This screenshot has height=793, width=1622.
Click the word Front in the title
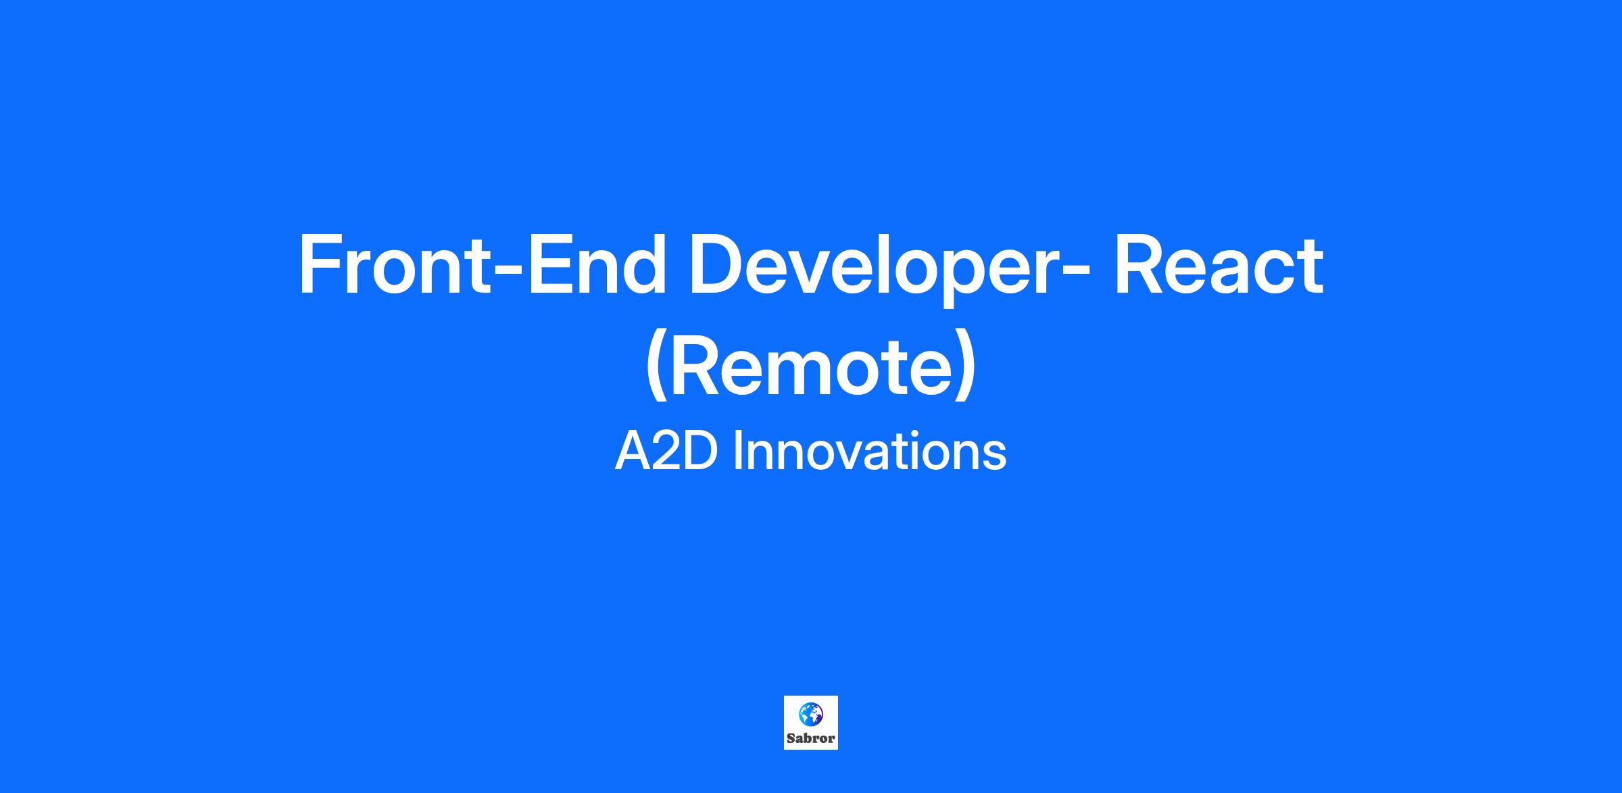pos(395,264)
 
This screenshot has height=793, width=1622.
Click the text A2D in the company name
pos(666,451)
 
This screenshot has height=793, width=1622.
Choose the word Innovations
pos(870,451)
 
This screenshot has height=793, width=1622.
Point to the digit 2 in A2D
pos(666,451)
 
